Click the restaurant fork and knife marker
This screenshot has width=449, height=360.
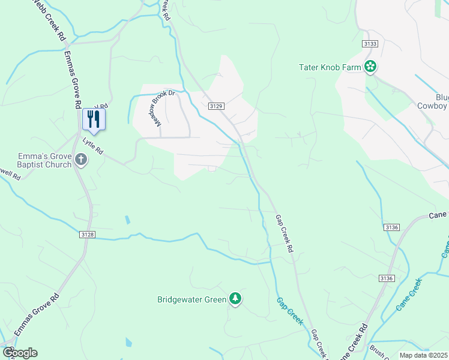coord(94,119)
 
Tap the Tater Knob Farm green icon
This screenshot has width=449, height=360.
coord(371,67)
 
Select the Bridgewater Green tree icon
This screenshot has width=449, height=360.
coord(235,299)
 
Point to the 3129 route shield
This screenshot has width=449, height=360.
coord(216,106)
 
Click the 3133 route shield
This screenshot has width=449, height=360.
coord(370,44)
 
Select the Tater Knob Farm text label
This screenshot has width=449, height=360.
coord(330,67)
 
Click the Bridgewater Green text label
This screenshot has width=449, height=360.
coord(191,299)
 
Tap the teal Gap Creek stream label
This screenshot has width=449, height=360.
coord(290,310)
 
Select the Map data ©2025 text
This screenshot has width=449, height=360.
coord(424,355)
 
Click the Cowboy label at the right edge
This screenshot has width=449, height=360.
coord(433,106)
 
